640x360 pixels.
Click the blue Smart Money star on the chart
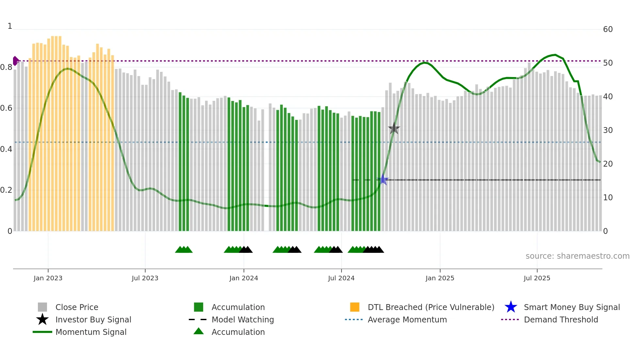tap(383, 180)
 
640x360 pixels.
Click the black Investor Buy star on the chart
tap(394, 128)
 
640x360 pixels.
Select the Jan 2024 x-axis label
tap(244, 278)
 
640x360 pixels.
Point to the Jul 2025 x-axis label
tap(537, 278)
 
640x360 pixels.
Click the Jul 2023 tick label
tap(145, 278)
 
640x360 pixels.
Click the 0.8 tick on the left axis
tap(6, 67)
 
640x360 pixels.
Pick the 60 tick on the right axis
tap(608, 29)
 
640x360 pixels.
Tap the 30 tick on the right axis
tap(608, 130)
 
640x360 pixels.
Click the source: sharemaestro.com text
tap(577, 256)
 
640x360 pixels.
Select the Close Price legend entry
tap(77, 307)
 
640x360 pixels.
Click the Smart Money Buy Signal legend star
tap(511, 307)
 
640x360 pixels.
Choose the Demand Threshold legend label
tap(561, 319)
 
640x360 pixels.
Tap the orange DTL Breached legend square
tap(355, 307)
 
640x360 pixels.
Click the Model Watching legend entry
tap(243, 319)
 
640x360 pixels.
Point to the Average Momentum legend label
tap(407, 319)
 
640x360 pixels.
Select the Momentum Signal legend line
tap(42, 332)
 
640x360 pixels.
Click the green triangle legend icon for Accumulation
tap(199, 332)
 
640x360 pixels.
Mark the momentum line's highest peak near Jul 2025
tap(555, 55)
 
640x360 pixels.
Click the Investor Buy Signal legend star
tap(42, 319)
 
